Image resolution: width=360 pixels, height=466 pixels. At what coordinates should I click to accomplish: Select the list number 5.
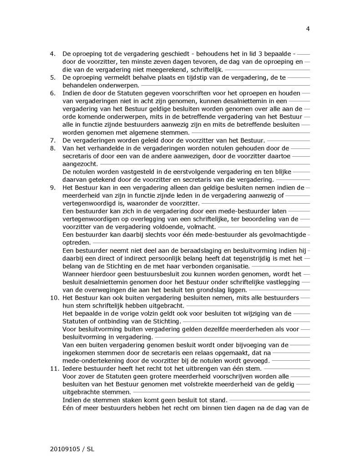52,78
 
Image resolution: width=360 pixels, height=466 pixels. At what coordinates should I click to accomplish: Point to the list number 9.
52,188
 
